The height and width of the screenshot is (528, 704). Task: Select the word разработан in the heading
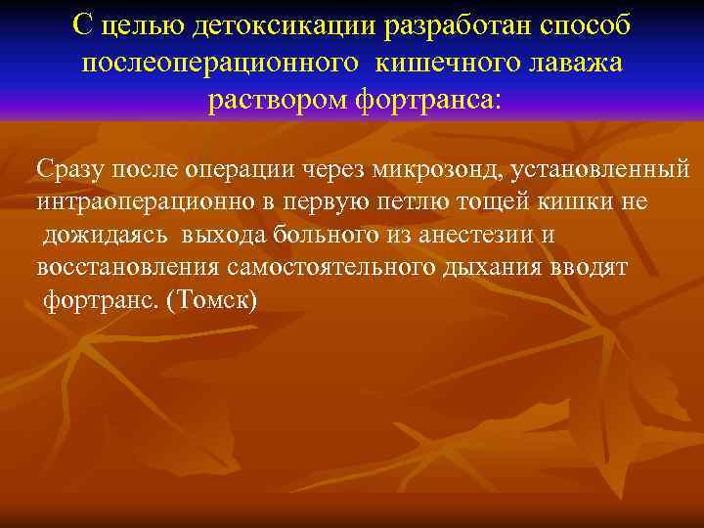tap(439, 27)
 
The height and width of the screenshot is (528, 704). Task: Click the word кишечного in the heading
tap(440, 64)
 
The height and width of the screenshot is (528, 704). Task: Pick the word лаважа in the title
tap(571, 64)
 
